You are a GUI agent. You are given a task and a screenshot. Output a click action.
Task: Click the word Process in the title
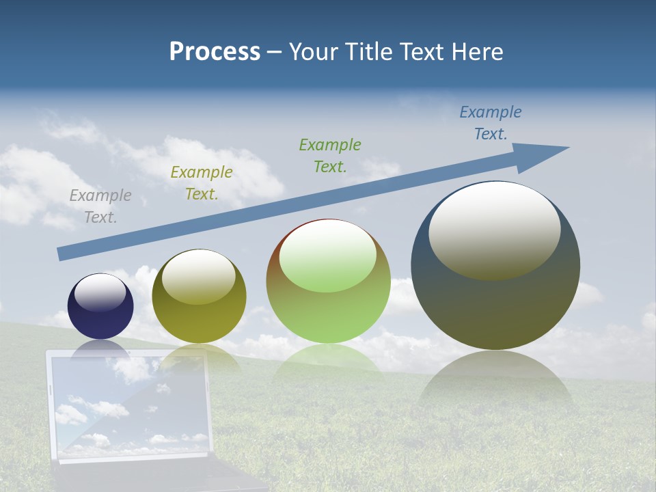click(x=215, y=52)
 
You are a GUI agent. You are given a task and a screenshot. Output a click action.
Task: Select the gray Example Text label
click(x=100, y=206)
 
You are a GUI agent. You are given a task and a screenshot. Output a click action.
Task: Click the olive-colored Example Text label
click(x=202, y=183)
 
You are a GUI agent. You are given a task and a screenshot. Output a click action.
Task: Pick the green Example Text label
click(x=330, y=155)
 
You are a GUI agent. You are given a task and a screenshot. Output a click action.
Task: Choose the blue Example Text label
click(x=491, y=123)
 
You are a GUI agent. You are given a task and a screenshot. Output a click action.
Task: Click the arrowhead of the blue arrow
click(x=543, y=156)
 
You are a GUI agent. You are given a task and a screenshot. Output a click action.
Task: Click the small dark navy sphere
click(x=100, y=321)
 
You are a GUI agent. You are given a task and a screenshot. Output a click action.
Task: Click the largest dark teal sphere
click(x=495, y=307)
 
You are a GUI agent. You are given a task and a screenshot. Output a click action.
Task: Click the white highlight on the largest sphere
click(x=495, y=229)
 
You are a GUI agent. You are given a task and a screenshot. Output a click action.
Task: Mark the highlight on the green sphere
click(x=328, y=254)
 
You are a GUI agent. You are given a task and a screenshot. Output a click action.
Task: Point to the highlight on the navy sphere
click(x=100, y=292)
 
